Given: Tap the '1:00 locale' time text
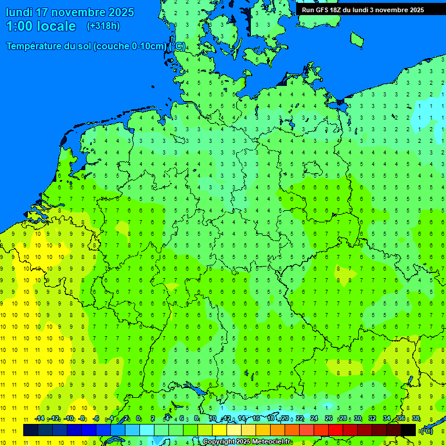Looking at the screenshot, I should pyautogui.click(x=41, y=26).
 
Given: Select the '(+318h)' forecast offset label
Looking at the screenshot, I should pyautogui.click(x=103, y=26).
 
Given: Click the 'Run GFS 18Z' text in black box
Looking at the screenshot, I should pyautogui.click(x=322, y=10).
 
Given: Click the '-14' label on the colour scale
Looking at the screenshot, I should pyautogui.click(x=39, y=419).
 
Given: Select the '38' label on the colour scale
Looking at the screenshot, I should pyautogui.click(x=416, y=419).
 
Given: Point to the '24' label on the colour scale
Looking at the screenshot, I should pyautogui.click(x=314, y=419).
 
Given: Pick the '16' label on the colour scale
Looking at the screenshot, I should pyautogui.click(x=256, y=419).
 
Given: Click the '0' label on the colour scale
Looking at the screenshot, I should pyautogui.click(x=139, y=419).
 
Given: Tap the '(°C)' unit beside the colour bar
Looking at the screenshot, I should pyautogui.click(x=426, y=431).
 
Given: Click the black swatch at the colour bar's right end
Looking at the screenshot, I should pyautogui.click(x=408, y=430).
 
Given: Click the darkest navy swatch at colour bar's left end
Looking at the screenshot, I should pyautogui.click(x=31, y=430).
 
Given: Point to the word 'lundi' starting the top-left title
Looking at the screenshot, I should pyautogui.click(x=19, y=12).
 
